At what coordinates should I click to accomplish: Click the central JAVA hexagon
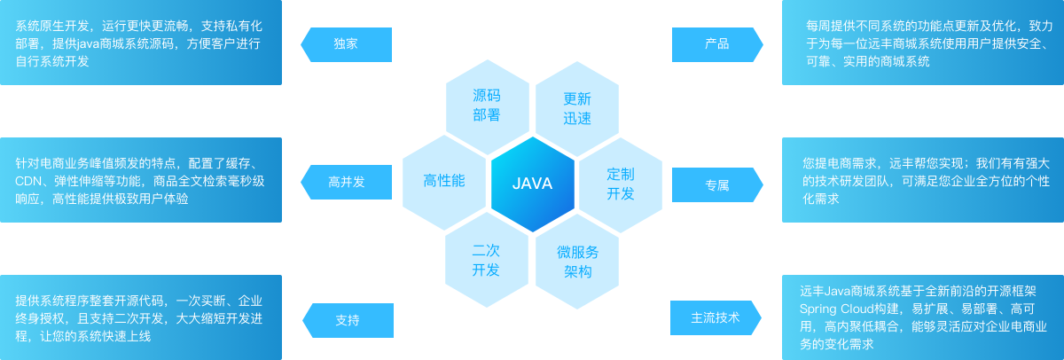point(532,184)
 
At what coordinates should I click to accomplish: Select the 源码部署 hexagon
point(487,106)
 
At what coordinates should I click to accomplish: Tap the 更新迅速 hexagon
point(577,107)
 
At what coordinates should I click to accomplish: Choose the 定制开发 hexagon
point(621,183)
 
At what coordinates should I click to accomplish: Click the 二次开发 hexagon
point(486,260)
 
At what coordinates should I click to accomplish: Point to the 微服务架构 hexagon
point(577,261)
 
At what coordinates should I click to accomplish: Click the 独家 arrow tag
point(347,44)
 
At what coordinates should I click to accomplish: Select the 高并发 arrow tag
point(347,183)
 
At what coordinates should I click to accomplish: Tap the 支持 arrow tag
point(347,320)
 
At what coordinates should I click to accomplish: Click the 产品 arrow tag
point(716,44)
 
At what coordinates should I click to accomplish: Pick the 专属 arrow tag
point(716,184)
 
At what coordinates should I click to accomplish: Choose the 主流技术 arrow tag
point(716,317)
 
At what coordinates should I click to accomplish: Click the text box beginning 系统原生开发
point(141,43)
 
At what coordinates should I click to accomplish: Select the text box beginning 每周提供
point(923,43)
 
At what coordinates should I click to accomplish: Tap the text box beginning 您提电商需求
point(923,181)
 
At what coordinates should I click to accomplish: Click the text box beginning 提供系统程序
point(141,317)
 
